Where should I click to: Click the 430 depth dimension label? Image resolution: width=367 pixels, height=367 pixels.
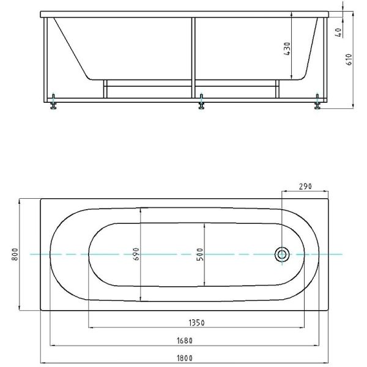[x=287, y=49]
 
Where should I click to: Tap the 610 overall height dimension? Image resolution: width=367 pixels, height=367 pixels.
[x=349, y=60]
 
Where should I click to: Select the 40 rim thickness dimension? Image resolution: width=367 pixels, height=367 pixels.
[x=338, y=32]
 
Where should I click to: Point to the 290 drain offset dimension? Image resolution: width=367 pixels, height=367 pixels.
[x=305, y=187]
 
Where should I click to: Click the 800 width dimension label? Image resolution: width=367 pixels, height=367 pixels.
[x=15, y=254]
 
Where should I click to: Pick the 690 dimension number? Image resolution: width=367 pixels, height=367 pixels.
[x=136, y=254]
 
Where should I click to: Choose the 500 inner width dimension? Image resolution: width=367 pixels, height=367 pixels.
[x=200, y=254]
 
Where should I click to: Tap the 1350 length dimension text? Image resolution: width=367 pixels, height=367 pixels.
[x=196, y=323]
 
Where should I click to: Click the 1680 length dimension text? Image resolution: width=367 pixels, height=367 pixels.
[x=185, y=341]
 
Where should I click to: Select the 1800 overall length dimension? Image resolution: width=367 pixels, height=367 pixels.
[x=185, y=358]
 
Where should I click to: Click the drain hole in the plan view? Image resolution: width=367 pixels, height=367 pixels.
[x=282, y=254]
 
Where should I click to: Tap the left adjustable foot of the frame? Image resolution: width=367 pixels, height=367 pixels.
[x=53, y=102]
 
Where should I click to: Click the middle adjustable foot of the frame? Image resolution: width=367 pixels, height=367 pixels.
[x=201, y=102]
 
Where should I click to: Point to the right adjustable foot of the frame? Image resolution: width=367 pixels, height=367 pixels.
[x=317, y=102]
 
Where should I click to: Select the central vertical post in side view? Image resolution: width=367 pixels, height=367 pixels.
[x=193, y=58]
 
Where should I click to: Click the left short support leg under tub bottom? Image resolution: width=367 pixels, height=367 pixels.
[x=105, y=89]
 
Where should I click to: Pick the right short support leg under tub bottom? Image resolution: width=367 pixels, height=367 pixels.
[x=277, y=89]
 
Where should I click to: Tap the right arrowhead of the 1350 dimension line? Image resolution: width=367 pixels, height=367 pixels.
[x=302, y=328]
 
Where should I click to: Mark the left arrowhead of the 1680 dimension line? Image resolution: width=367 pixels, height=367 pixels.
[x=53, y=345]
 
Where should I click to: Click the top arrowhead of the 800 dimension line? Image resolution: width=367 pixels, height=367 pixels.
[x=20, y=201]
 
